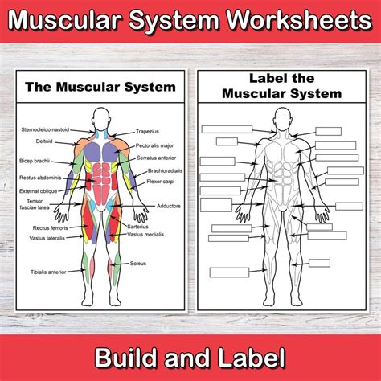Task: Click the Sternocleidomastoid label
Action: click(x=45, y=129)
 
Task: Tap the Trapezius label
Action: click(x=147, y=132)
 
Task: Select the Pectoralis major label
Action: click(x=154, y=146)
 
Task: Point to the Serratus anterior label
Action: click(x=157, y=158)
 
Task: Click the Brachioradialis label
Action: click(x=166, y=171)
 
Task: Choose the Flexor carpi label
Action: click(x=161, y=182)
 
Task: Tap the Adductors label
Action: click(x=169, y=206)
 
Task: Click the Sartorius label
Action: click(x=137, y=227)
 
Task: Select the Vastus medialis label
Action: click(x=145, y=235)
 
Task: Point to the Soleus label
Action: click(x=138, y=264)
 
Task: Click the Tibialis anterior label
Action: click(x=48, y=272)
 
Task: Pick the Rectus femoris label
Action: click(x=51, y=228)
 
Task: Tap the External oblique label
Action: click(x=39, y=191)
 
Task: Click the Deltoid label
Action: click(x=44, y=141)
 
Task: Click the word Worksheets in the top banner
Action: click(x=300, y=20)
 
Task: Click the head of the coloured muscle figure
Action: click(x=100, y=118)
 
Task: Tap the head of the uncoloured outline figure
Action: click(x=282, y=118)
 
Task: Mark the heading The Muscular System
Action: click(x=100, y=88)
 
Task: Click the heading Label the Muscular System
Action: click(x=282, y=86)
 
